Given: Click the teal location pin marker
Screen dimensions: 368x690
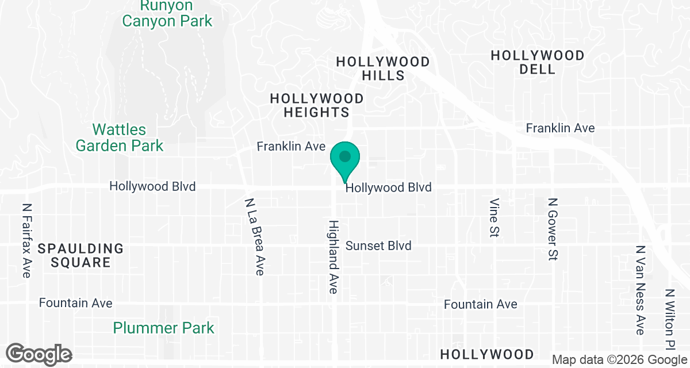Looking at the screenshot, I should tap(344, 159).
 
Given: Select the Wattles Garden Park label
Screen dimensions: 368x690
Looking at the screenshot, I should tap(120, 137).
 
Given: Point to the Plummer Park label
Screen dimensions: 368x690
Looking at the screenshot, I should tap(163, 328).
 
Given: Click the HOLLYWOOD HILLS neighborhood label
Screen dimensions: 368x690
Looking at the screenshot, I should tap(382, 68).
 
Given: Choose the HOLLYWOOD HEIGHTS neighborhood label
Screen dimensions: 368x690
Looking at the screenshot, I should tap(317, 105).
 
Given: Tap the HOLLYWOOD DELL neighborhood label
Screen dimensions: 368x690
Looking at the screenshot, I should tap(538, 62).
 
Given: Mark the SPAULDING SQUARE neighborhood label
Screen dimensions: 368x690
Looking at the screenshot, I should tap(80, 256).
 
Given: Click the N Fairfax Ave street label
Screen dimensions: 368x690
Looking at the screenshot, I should tap(26, 240).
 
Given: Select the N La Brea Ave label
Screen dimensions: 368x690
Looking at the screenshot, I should tap(254, 237).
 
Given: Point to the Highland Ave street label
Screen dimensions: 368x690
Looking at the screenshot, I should tap(333, 256).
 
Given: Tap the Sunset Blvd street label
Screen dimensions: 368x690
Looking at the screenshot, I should tap(378, 246).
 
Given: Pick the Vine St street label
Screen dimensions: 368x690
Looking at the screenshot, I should tap(494, 218).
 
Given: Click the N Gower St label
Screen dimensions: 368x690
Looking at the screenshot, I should tap(553, 230).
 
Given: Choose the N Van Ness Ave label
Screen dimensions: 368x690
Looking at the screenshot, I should tap(640, 290).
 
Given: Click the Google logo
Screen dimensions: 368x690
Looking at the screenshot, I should tap(39, 354).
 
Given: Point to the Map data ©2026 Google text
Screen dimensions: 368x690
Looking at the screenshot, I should tap(619, 360).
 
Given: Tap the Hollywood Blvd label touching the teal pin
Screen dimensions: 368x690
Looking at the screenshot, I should tap(388, 188).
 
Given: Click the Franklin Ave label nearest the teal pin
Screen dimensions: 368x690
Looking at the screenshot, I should tap(291, 147).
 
